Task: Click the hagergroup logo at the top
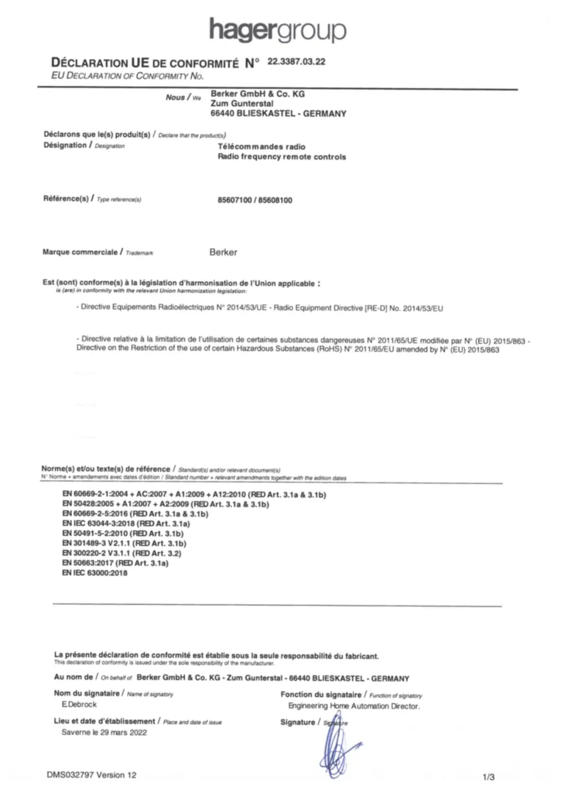click(x=278, y=30)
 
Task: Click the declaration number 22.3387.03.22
click(x=296, y=61)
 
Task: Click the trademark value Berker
click(x=224, y=252)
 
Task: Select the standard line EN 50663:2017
click(x=115, y=565)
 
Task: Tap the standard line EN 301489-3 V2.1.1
click(x=126, y=544)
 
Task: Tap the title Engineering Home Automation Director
click(x=354, y=706)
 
